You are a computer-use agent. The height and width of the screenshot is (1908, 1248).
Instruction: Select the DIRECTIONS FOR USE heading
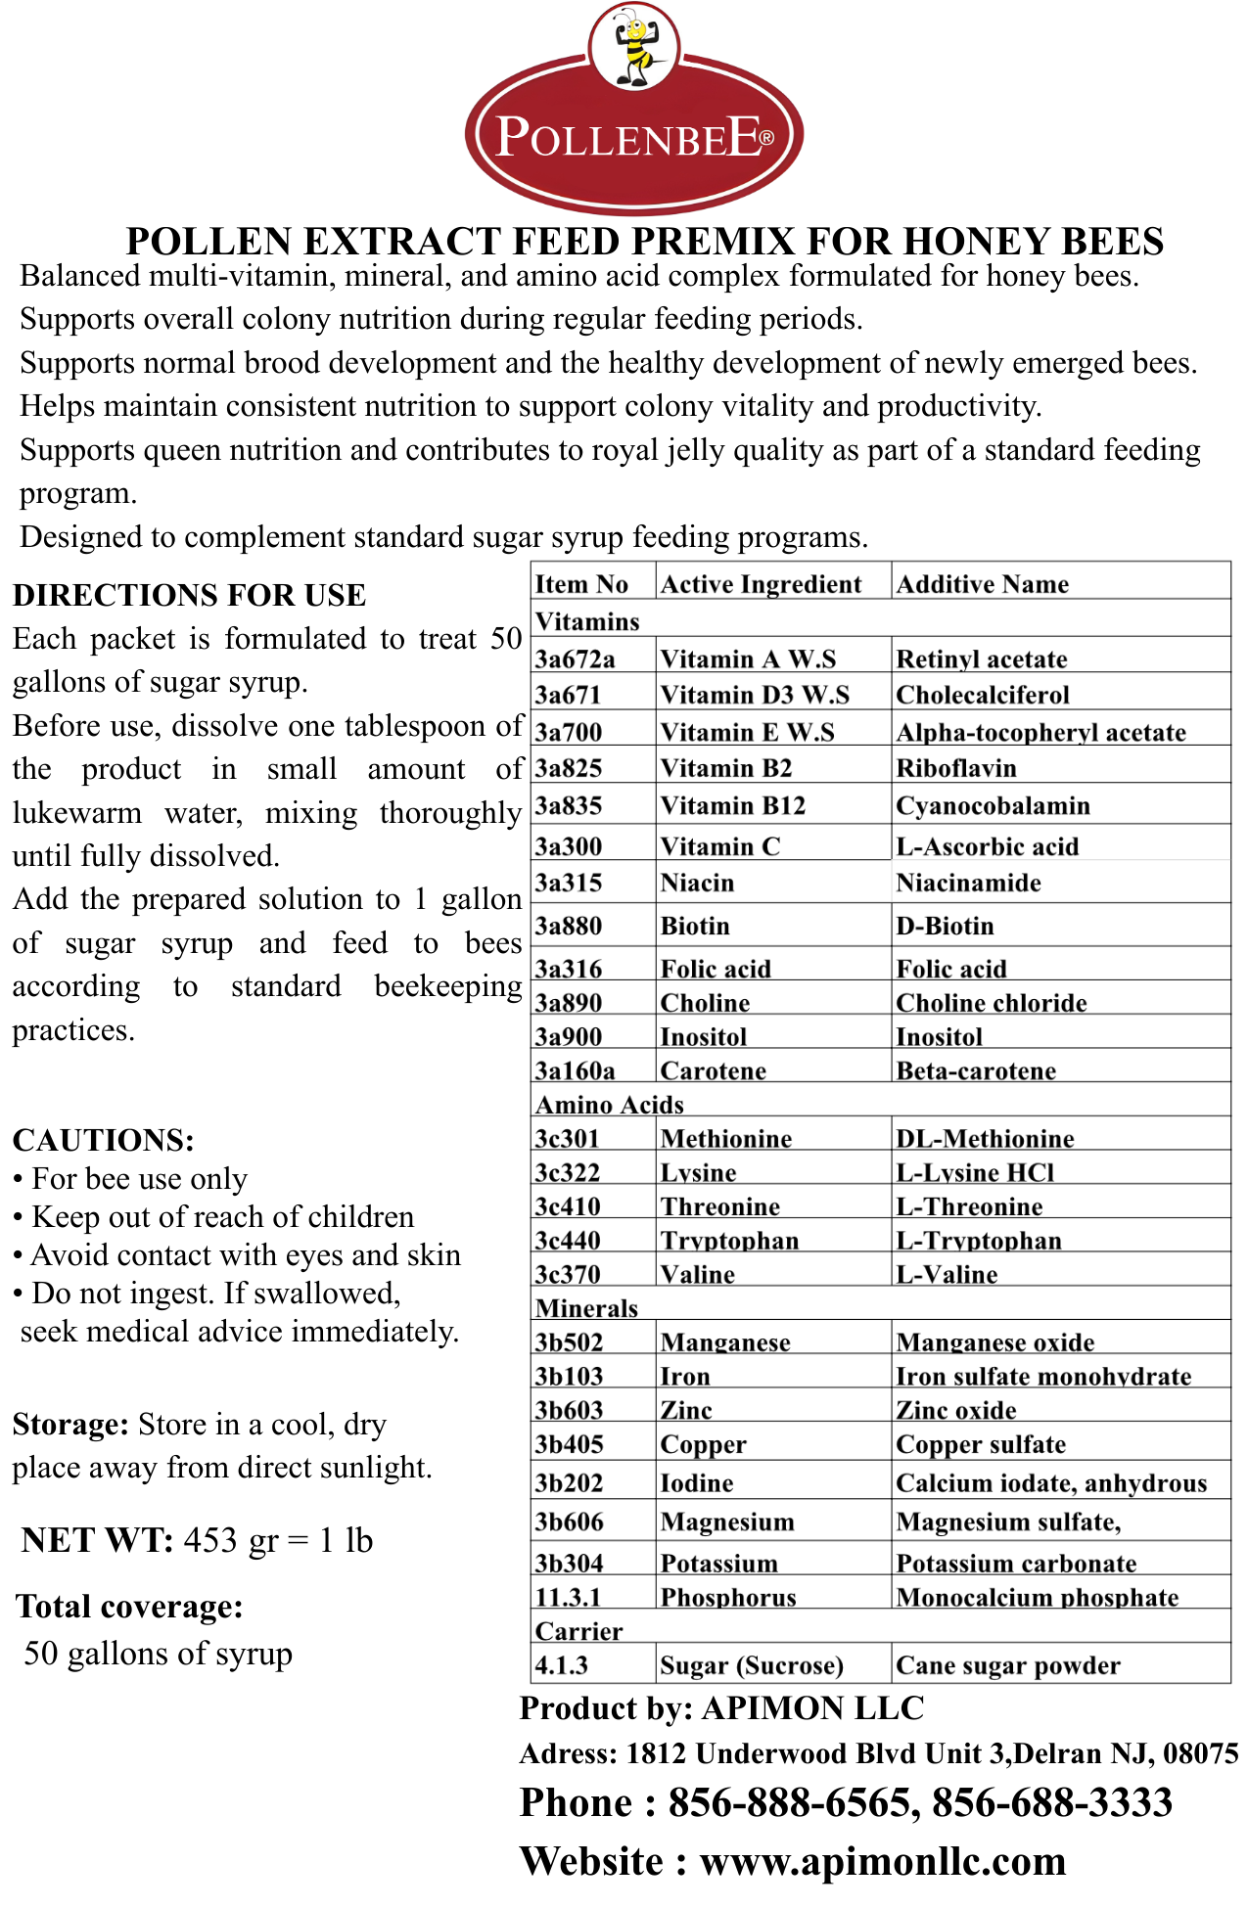coord(189,595)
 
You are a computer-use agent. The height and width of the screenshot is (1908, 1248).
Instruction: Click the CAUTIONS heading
coord(103,1140)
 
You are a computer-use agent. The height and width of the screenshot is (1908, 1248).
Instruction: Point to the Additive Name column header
coord(983,584)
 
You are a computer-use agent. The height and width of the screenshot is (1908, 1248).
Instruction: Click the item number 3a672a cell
coord(575,659)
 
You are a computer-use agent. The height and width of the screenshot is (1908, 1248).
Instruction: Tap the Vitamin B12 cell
coord(732,805)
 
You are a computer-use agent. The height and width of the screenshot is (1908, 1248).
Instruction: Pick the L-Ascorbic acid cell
coord(987,846)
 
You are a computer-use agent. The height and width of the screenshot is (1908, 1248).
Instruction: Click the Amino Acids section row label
coord(609,1105)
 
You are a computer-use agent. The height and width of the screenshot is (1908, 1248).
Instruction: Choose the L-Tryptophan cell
coord(979,1241)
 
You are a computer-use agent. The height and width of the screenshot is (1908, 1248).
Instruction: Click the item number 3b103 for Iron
coord(569,1377)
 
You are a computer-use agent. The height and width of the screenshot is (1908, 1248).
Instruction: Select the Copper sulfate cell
coord(981,1444)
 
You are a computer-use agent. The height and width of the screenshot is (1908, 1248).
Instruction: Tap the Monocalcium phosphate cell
coord(1038,1598)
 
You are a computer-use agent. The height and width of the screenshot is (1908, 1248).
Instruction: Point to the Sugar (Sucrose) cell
coord(752,1665)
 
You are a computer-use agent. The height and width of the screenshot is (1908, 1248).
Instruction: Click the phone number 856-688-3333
coord(1052,1802)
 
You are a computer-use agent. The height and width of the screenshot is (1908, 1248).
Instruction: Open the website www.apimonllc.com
coord(883,1861)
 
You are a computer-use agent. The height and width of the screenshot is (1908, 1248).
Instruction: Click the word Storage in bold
coord(69,1425)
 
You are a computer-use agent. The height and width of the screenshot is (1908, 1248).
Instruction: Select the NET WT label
coord(97,1540)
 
